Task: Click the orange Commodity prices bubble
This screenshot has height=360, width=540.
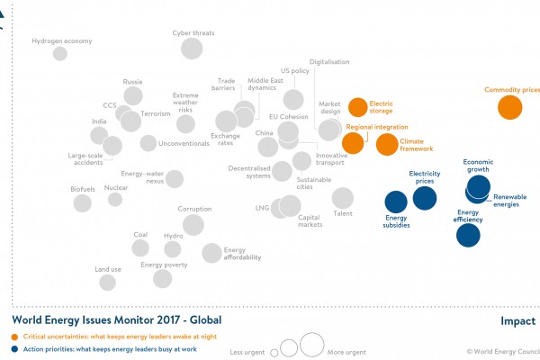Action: click(x=510, y=108)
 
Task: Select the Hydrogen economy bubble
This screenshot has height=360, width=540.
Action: click(x=60, y=54)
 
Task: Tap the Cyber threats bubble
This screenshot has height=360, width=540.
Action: click(x=191, y=47)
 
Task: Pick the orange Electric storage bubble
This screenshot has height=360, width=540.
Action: click(x=358, y=107)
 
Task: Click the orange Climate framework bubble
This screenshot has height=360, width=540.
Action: click(x=386, y=144)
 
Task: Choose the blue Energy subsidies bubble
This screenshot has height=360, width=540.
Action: click(x=396, y=202)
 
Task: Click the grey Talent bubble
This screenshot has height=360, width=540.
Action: click(x=343, y=197)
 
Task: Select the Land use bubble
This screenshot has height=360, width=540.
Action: click(x=108, y=283)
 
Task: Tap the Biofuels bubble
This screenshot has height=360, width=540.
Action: click(x=82, y=202)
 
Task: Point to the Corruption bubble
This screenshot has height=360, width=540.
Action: click(x=191, y=224)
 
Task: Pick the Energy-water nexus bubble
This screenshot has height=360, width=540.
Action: click(x=175, y=178)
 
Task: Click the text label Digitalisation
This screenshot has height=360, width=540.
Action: click(x=329, y=63)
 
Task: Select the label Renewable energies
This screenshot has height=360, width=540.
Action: click(x=510, y=200)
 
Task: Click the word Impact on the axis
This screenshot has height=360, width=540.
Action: click(x=517, y=321)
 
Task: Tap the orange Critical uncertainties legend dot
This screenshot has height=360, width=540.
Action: click(x=15, y=336)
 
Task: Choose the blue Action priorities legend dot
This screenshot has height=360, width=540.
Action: click(x=15, y=347)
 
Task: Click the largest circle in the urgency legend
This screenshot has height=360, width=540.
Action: click(x=312, y=344)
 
